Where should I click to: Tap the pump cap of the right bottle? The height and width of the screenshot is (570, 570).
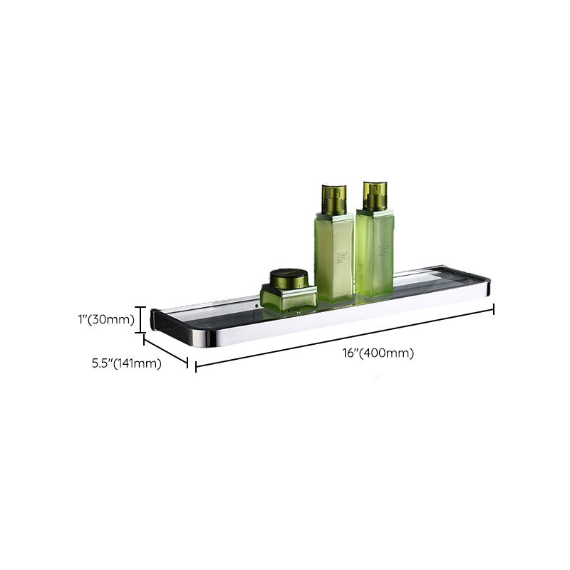click(x=374, y=196)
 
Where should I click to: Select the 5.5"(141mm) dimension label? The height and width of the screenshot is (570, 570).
click(x=126, y=363)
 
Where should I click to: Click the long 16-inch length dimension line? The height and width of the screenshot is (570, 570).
click(x=345, y=338)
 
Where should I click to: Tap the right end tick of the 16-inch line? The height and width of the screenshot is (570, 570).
click(x=493, y=309)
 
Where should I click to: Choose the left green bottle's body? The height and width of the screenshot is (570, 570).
click(x=333, y=256)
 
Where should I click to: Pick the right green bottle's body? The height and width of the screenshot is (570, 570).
click(x=374, y=253)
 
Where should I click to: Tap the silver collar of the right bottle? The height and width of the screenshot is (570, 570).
click(x=374, y=212)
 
